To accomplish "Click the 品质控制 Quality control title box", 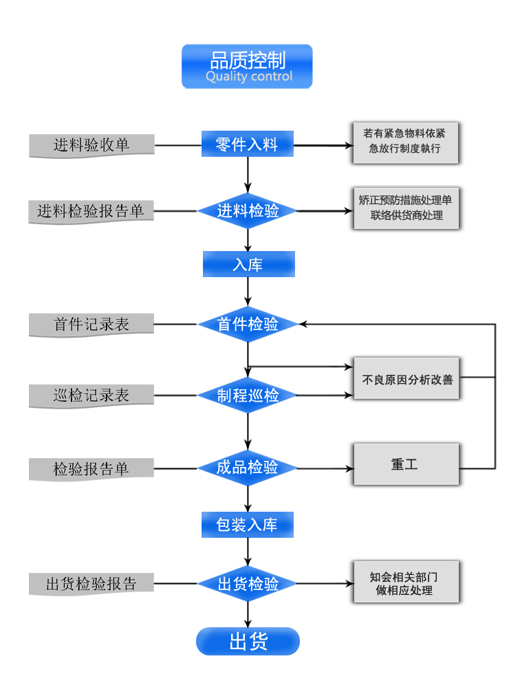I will click(x=247, y=67).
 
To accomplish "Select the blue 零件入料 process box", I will click(x=248, y=144).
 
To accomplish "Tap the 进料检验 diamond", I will click(x=248, y=211).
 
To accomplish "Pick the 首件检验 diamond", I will click(x=248, y=324).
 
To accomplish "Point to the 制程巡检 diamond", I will click(x=248, y=395).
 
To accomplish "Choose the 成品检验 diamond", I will click(x=248, y=468).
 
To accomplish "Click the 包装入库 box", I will click(x=248, y=525).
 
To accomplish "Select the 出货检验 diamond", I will click(x=248, y=584).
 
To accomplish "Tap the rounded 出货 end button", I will click(x=248, y=642).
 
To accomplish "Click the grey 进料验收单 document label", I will click(x=91, y=145).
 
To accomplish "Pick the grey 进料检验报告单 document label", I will click(x=91, y=211).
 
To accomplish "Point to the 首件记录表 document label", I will click(x=91, y=325).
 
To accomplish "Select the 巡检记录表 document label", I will click(x=91, y=395).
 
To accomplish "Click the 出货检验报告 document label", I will click(x=91, y=584).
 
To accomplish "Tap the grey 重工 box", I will click(x=405, y=464).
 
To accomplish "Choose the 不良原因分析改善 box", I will click(x=406, y=378).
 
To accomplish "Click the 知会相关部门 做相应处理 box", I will click(x=405, y=583).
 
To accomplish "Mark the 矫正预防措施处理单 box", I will click(x=405, y=208).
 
